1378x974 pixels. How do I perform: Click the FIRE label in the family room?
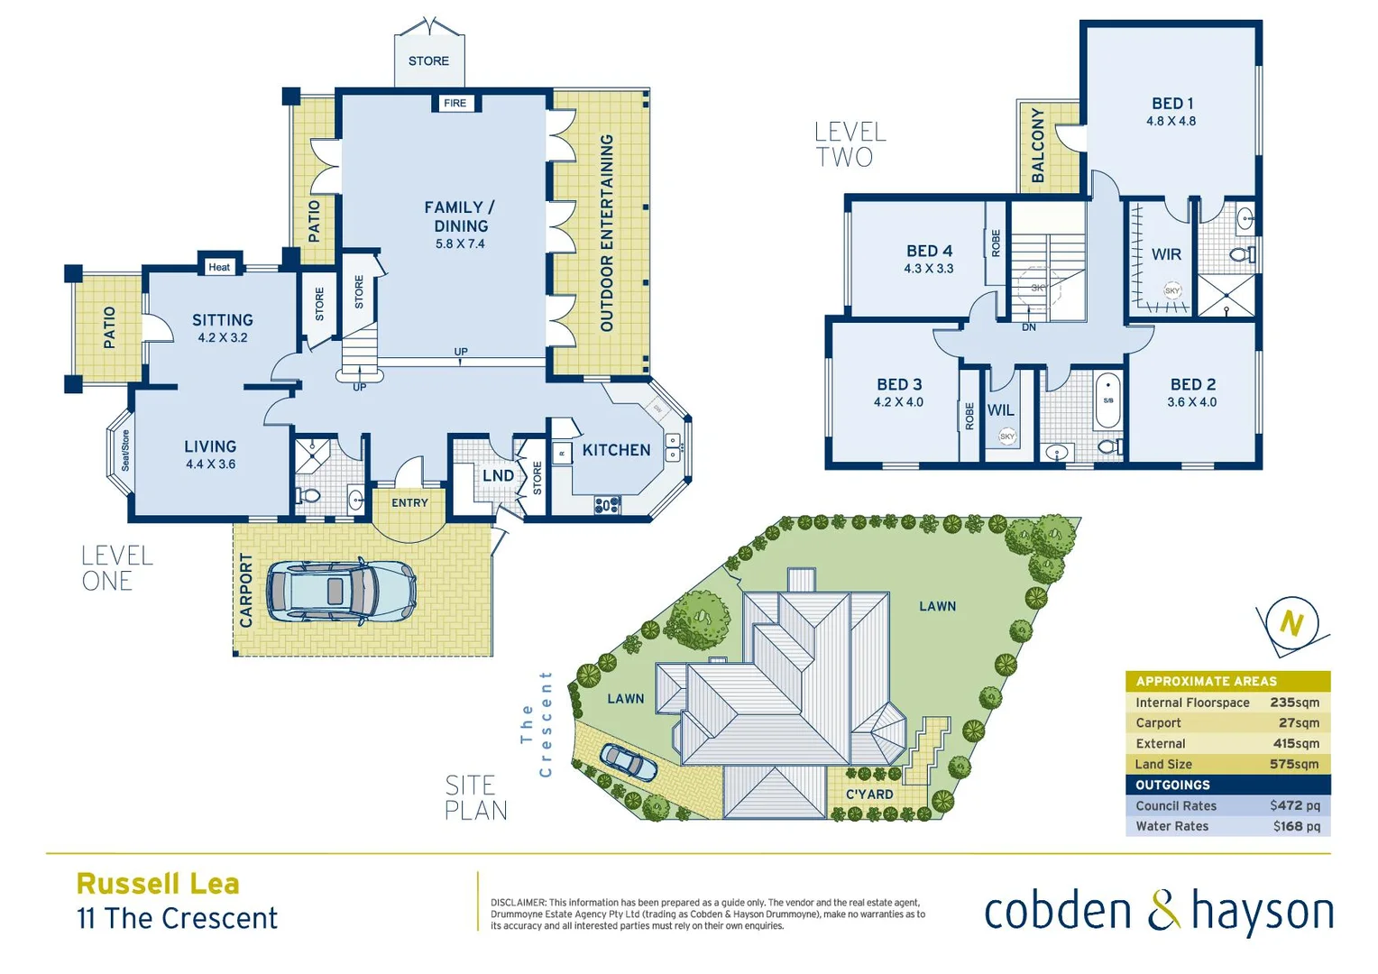[455, 104]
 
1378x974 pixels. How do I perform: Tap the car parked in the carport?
[341, 593]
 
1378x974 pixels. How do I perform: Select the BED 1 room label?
[1171, 104]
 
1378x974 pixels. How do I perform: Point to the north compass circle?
[1291, 623]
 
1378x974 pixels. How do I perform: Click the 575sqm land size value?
[1294, 764]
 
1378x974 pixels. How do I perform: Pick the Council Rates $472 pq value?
[1294, 805]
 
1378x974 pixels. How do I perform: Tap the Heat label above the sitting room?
[219, 267]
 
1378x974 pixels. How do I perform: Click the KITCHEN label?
[616, 450]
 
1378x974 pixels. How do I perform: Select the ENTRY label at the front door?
[409, 503]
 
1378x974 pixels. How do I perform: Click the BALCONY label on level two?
[1038, 146]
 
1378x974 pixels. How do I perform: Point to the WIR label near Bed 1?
[1166, 254]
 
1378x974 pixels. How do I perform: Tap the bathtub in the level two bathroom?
[1108, 401]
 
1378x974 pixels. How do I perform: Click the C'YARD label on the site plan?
[869, 795]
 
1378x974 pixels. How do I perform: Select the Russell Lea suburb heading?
[158, 884]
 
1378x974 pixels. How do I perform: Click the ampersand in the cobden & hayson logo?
[1163, 911]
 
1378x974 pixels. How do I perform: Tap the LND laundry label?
[498, 476]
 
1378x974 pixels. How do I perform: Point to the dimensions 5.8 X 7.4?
[460, 243]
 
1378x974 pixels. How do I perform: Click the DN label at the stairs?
[1029, 327]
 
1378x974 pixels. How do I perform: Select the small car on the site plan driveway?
[629, 762]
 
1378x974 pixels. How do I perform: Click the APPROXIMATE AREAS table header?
[1206, 681]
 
